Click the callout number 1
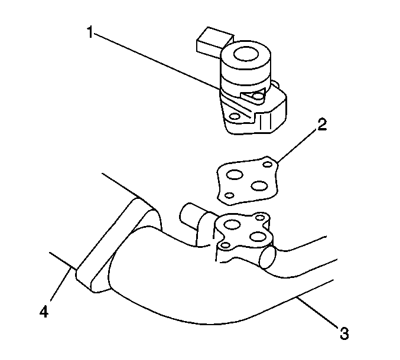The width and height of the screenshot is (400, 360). (90, 32)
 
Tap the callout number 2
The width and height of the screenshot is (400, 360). (322, 125)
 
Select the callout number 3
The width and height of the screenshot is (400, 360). (344, 333)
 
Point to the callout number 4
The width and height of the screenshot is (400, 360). (44, 312)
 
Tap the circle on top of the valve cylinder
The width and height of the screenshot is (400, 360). (246, 54)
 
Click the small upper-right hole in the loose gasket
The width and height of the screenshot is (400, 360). (267, 164)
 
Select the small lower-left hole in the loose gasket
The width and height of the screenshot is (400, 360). (230, 195)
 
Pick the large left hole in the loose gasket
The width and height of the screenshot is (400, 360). (235, 175)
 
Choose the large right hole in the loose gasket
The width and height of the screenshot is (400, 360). (259, 186)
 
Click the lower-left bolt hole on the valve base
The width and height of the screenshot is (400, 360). (235, 117)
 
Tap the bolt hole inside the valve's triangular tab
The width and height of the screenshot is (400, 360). (258, 97)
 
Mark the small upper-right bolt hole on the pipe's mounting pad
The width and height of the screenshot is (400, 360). (260, 218)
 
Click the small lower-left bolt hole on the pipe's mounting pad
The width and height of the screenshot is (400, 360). (225, 246)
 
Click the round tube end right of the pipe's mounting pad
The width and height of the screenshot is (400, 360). (268, 257)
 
